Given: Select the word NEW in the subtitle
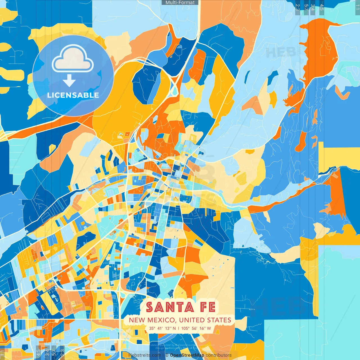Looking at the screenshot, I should [137, 320].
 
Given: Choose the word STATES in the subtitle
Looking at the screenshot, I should [219, 320].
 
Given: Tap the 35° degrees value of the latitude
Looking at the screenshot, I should [152, 328].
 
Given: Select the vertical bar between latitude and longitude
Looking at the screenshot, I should [179, 328].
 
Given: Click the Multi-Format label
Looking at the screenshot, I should [180, 3].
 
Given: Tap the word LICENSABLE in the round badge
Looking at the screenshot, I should [73, 95].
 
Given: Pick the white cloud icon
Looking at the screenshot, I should [73, 60].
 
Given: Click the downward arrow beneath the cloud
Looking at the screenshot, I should [69, 81].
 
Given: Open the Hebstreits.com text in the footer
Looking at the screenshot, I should [145, 355].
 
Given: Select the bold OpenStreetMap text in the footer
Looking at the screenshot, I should [187, 355].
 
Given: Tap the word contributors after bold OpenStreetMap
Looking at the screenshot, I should [219, 355].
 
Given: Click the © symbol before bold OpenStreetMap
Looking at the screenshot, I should [167, 355].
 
